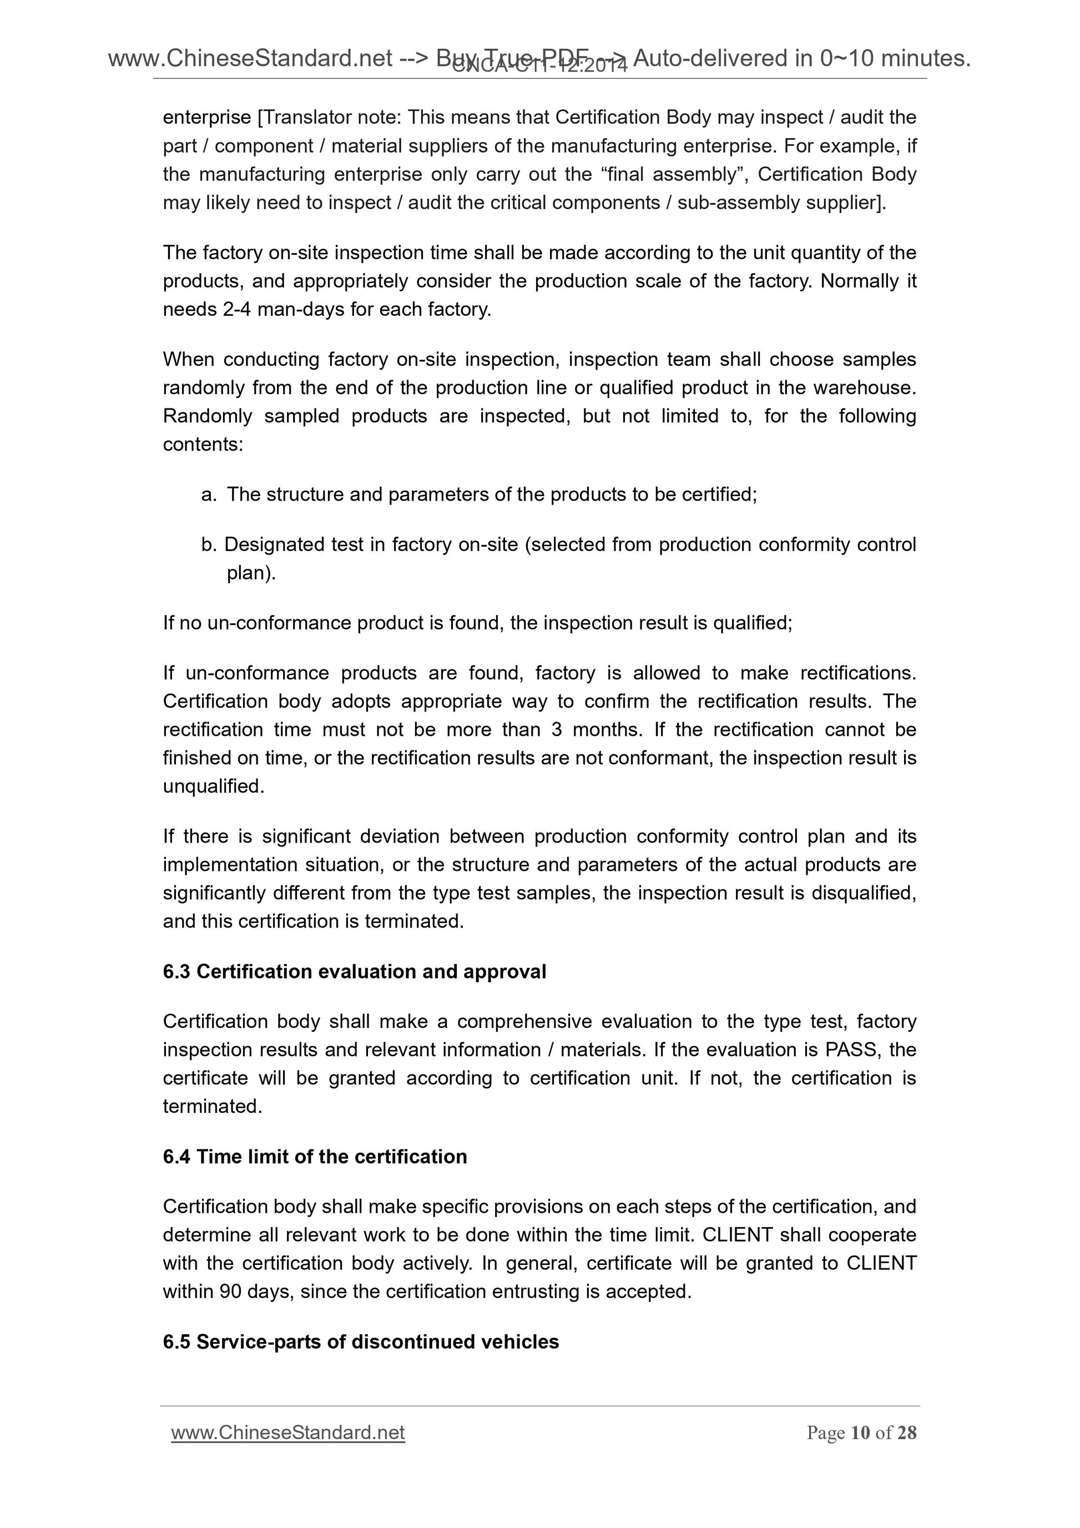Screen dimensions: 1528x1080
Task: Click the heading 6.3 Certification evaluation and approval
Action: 354,972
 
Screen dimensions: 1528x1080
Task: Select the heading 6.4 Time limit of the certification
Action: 315,1157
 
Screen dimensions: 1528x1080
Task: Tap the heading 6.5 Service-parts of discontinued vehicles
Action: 361,1342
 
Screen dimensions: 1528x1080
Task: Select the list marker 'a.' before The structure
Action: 208,495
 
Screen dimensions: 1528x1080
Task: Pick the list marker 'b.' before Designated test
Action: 209,544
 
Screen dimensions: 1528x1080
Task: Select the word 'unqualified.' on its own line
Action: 214,786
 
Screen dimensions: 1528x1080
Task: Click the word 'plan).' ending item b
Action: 251,573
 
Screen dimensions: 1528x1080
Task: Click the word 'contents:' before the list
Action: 203,445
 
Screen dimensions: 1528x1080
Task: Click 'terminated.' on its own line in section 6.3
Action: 212,1106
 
